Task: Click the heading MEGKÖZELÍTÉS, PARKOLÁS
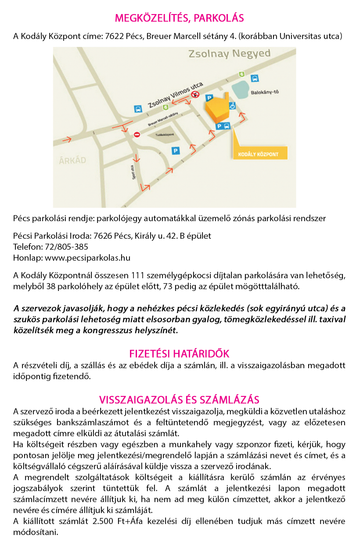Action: tap(179, 18)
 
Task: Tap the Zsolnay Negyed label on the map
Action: tap(229, 54)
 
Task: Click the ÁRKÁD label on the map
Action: tap(72, 161)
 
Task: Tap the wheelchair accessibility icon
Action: tap(232, 105)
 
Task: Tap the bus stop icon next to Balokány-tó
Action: tap(254, 79)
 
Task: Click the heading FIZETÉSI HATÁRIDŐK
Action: tap(179, 354)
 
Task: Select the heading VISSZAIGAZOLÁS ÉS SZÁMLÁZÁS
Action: tap(179, 399)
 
